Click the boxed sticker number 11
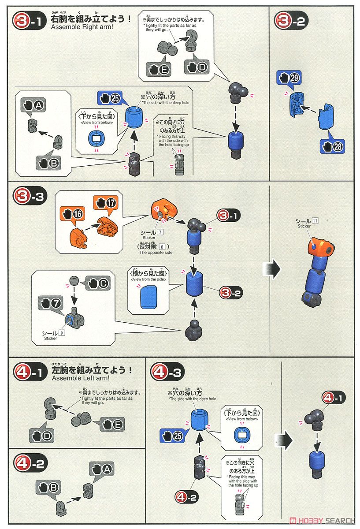click(315, 221)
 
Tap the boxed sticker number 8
click(162, 246)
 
